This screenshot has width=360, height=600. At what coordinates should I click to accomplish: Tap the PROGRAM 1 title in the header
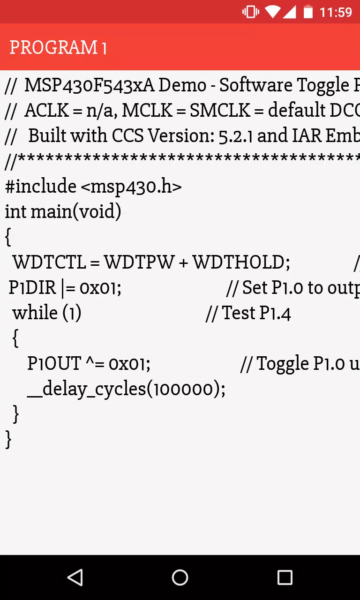(58, 47)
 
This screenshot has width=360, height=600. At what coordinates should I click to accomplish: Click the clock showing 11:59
(336, 12)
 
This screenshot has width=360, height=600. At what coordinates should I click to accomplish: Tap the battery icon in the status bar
(308, 12)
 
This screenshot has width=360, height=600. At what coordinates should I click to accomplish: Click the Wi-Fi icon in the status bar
(273, 12)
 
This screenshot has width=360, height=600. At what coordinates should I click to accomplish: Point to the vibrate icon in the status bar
(251, 12)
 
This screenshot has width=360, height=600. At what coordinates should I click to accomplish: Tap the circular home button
(180, 577)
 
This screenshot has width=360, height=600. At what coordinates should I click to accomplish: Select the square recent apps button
(285, 577)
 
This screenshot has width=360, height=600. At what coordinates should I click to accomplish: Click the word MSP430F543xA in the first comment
(90, 85)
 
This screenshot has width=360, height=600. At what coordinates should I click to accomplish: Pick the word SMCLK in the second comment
(220, 110)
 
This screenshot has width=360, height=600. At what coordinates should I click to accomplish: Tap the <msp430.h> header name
(131, 187)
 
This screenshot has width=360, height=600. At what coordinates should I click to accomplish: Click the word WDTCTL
(50, 262)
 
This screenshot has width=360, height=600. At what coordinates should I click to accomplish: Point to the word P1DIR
(32, 287)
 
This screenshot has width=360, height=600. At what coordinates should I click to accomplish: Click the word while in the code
(35, 313)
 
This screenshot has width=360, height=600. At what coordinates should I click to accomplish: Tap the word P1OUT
(54, 363)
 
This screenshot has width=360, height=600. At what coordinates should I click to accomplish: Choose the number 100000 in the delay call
(183, 389)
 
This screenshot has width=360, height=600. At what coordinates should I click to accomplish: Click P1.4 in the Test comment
(275, 313)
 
